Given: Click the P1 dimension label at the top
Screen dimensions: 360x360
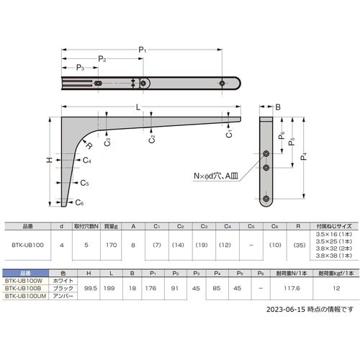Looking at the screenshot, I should (x=143, y=48).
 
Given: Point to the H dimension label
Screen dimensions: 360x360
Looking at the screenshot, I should (x=48, y=160).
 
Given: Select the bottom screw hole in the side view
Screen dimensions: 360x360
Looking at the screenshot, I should (x=266, y=197).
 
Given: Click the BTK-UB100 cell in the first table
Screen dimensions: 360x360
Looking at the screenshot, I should (x=27, y=245).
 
